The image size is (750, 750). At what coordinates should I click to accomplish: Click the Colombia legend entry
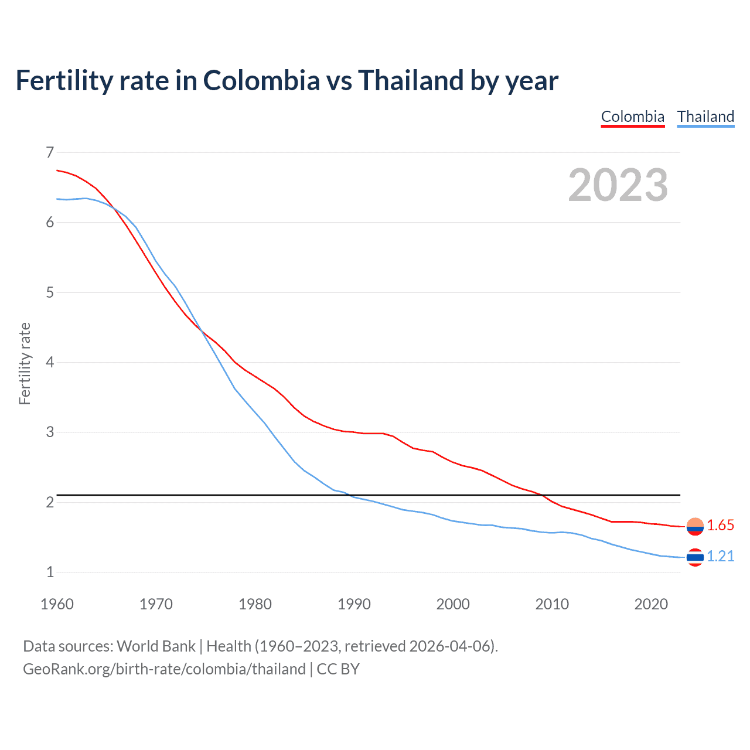[x=633, y=117]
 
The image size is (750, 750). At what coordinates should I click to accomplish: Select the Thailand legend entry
[x=705, y=117]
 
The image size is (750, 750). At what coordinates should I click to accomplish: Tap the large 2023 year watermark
[x=618, y=185]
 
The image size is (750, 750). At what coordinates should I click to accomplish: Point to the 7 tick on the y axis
[x=50, y=153]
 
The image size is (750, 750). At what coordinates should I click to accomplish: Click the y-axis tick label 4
[x=50, y=362]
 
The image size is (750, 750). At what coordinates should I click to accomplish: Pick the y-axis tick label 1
[x=50, y=572]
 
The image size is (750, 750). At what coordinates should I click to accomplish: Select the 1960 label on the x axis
[x=57, y=604]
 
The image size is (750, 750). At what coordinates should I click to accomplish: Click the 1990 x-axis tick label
[x=354, y=604]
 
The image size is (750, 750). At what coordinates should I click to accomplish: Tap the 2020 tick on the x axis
[x=651, y=604]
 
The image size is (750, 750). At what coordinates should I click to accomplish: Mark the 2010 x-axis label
[x=552, y=604]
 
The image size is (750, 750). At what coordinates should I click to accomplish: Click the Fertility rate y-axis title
[x=25, y=363]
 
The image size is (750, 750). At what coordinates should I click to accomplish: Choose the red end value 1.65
[x=720, y=526]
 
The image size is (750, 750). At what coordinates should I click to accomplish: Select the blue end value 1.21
[x=720, y=557]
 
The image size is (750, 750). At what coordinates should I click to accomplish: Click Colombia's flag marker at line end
[x=695, y=527]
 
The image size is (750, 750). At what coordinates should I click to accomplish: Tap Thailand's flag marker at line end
[x=695, y=557]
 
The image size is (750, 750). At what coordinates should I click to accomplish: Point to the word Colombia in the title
[x=261, y=81]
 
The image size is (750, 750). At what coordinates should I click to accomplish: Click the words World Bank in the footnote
[x=156, y=646]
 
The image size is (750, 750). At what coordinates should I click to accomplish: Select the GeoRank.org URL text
[x=164, y=669]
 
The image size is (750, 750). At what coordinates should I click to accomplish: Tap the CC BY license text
[x=338, y=669]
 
